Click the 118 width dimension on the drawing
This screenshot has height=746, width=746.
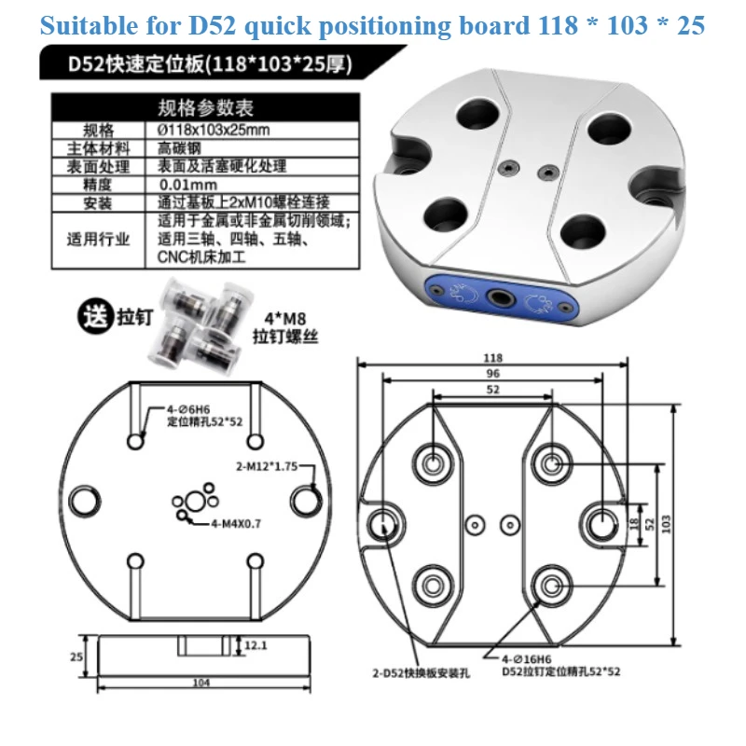[x=493, y=358]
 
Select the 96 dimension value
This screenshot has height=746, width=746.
[x=493, y=375]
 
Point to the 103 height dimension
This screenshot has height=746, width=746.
[x=692, y=524]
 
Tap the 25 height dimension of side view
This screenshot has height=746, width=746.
[x=76, y=655]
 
